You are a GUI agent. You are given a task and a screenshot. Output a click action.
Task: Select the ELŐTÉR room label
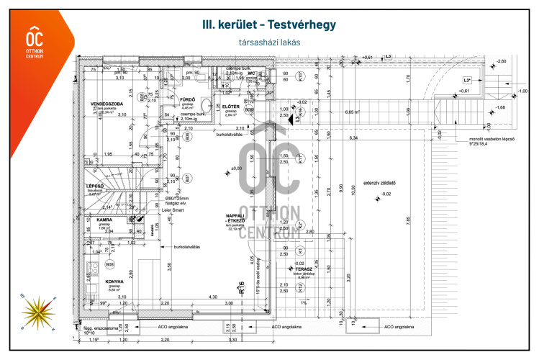[230, 106]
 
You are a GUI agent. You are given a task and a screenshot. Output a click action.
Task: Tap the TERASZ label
[332, 269]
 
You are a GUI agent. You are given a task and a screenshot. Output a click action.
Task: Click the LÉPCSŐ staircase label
[96, 186]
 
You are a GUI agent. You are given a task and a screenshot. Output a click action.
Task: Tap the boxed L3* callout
[466, 80]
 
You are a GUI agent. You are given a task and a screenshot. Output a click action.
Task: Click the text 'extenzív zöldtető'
[380, 183]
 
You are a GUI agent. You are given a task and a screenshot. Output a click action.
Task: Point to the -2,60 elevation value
[502, 61]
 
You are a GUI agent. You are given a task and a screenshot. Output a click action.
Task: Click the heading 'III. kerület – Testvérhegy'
[269, 26]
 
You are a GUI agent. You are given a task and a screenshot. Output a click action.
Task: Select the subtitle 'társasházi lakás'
[269, 42]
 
